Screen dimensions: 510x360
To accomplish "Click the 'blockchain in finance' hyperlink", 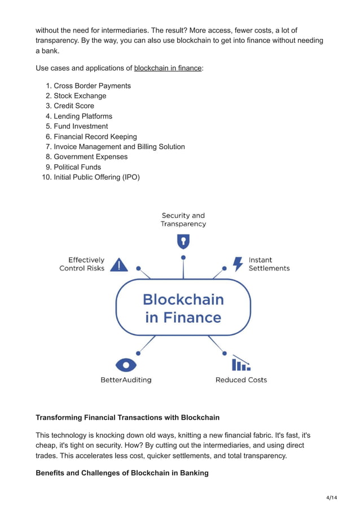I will (168, 68).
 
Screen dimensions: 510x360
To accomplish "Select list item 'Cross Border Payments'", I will (92, 86).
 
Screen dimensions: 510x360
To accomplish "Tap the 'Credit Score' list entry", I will (74, 106).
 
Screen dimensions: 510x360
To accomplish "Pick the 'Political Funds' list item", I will (77, 167).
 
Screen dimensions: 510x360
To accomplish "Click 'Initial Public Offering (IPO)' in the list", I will (96, 177).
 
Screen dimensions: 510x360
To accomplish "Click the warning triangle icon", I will (118, 264).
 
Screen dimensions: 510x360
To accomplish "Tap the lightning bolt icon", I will (238, 264).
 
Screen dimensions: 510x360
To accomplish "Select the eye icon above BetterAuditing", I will (126, 364).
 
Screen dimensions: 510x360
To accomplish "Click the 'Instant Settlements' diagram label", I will (269, 264).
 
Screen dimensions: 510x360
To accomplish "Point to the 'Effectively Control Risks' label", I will (82, 264).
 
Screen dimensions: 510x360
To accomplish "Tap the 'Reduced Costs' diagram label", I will (241, 380).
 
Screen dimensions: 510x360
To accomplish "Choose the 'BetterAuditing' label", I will (126, 380).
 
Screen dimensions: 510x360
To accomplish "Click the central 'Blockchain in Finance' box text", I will (183, 308).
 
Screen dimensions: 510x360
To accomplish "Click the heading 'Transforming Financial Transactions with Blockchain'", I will (128, 418).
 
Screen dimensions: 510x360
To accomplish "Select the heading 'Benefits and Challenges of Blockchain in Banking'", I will (122, 473).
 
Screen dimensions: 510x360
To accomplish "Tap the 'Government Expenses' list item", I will (90, 157).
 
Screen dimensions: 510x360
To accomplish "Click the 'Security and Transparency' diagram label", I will (183, 220).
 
